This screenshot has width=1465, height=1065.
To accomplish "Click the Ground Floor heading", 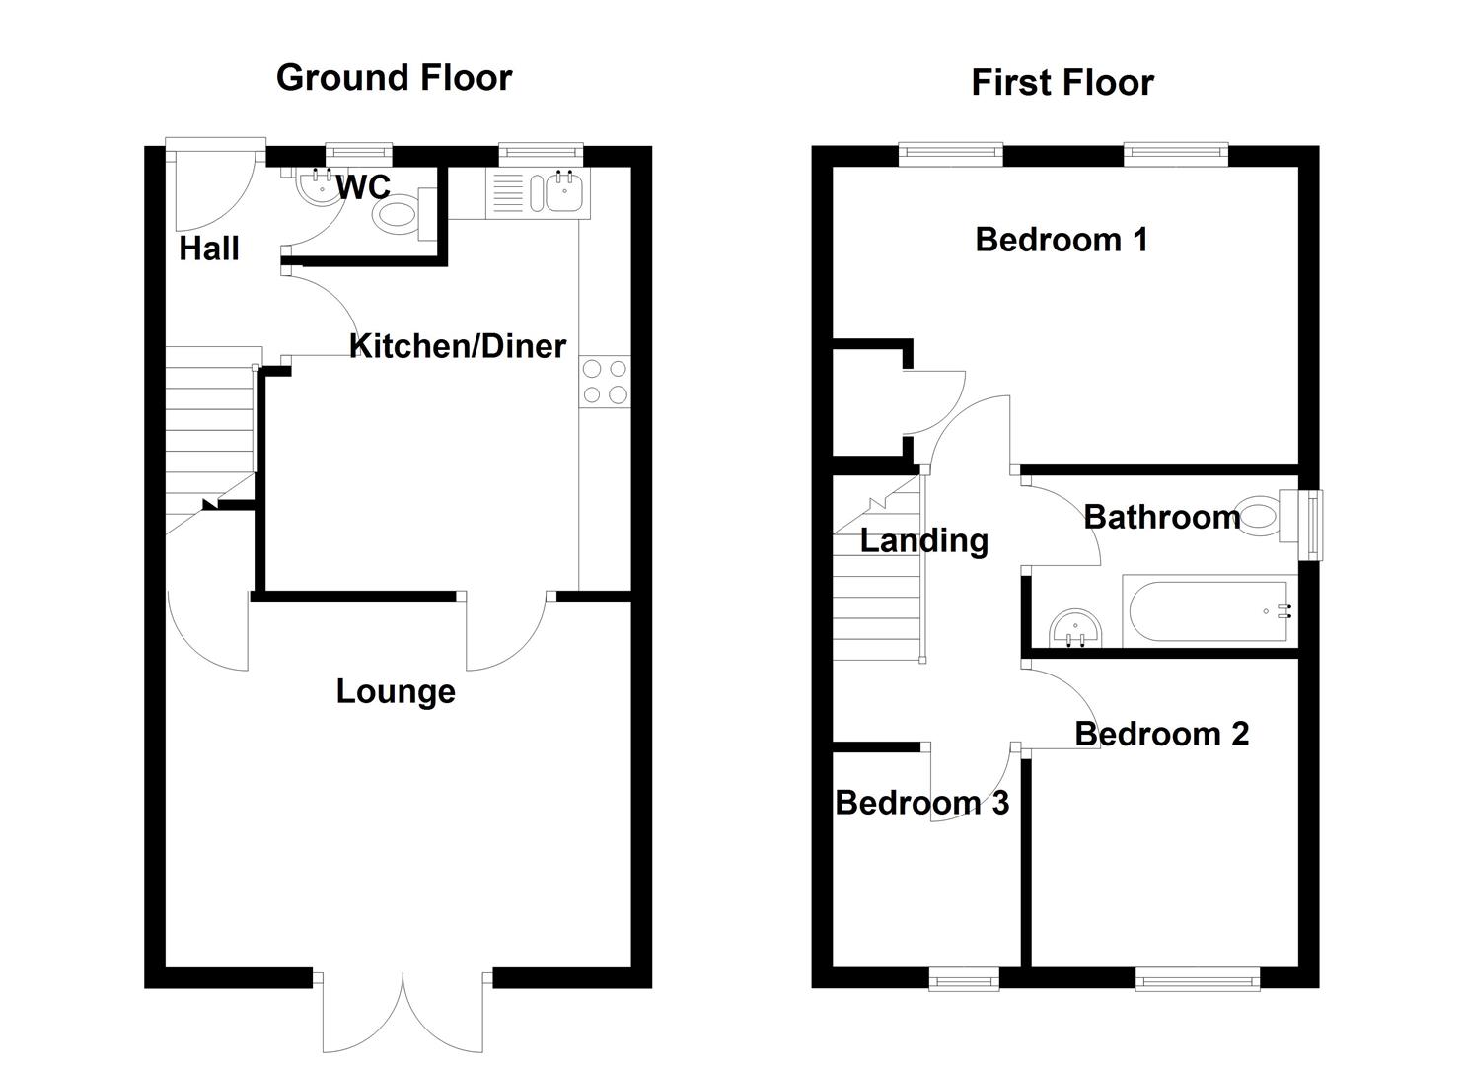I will (x=394, y=78).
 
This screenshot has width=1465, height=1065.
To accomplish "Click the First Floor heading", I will (x=1062, y=83).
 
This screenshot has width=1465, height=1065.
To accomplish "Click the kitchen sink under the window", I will (x=559, y=191).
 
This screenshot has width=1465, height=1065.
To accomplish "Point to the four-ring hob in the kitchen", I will (x=604, y=382).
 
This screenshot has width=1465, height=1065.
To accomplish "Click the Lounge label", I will (x=395, y=691).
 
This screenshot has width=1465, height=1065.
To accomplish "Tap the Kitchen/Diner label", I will (x=458, y=346).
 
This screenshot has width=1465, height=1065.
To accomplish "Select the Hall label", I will (x=209, y=248).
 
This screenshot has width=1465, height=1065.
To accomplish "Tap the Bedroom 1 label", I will (x=1062, y=240).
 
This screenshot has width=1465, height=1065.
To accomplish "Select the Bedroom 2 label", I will (x=1161, y=734).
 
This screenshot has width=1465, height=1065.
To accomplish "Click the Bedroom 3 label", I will (x=921, y=803).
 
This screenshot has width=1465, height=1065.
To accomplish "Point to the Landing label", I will (x=923, y=540).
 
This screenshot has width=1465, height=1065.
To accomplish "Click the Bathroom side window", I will (x=1311, y=525).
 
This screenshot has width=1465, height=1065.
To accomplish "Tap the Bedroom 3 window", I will (x=964, y=977).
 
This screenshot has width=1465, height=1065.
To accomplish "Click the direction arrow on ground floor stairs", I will (x=209, y=505).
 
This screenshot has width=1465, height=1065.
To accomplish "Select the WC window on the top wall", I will (x=358, y=153).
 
